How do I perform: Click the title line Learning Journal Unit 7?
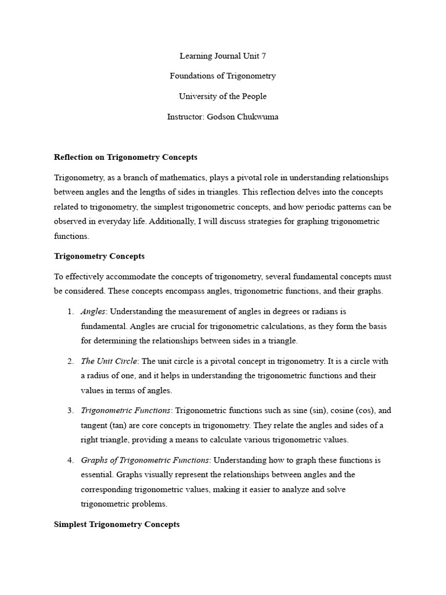pos(222,56)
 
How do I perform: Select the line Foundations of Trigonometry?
pos(222,76)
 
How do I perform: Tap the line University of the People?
pos(222,96)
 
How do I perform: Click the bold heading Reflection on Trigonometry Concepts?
pos(125,157)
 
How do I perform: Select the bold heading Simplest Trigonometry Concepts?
pos(117,524)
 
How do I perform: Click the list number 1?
pos(70,312)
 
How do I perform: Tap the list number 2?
pos(70,361)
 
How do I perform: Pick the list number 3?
pos(70,411)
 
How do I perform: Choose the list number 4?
pos(70,460)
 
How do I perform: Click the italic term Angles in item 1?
pos(93,312)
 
